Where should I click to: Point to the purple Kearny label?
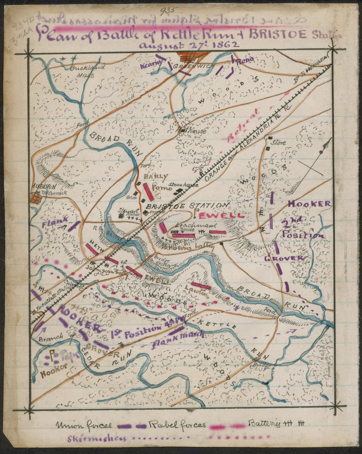point(151,65)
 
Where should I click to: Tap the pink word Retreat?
point(245,126)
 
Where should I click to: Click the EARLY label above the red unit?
point(155,177)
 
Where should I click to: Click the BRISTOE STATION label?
point(187,205)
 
